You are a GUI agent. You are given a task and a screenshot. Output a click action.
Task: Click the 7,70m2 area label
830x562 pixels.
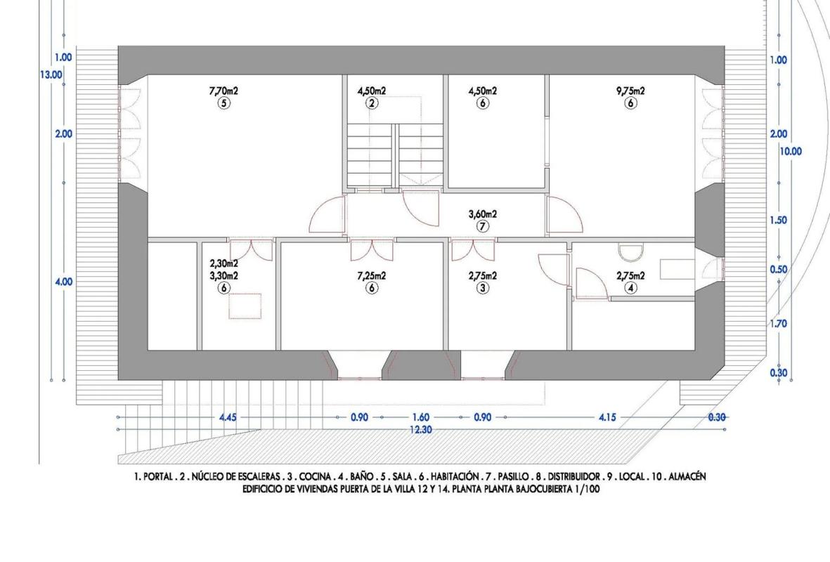(224, 91)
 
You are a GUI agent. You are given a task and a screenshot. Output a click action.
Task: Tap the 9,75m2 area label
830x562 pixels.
(630, 91)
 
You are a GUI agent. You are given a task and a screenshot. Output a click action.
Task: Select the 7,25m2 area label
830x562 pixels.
(372, 275)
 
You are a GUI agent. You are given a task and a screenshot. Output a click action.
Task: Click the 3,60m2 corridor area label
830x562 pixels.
(483, 214)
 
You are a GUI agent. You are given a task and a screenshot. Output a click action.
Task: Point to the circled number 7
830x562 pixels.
(483, 226)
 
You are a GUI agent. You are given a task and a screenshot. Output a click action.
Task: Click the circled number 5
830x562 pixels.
(224, 103)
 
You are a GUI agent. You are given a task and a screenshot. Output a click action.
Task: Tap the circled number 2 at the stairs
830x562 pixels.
(372, 103)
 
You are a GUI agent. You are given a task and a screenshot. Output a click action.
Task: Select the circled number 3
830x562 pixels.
(483, 288)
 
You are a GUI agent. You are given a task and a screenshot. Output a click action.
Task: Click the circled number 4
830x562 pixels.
(630, 288)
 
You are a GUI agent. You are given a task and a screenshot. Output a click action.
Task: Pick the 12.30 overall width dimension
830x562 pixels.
(421, 430)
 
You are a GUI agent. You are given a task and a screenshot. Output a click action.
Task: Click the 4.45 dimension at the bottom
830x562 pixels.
(228, 417)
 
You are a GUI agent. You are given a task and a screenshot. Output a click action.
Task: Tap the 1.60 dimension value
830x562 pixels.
(421, 417)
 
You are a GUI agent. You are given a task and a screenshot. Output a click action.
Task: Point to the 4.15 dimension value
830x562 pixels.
(607, 417)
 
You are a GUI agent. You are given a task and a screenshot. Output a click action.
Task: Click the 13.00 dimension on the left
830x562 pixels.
(51, 74)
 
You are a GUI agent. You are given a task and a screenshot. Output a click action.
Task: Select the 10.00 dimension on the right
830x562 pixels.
(791, 151)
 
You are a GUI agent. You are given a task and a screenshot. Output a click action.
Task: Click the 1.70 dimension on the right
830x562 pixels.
(778, 323)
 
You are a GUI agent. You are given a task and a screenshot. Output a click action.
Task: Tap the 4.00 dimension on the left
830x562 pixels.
(63, 282)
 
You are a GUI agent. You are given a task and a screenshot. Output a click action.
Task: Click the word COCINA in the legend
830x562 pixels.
(316, 477)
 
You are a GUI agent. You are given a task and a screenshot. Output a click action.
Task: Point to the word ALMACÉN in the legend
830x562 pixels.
(687, 477)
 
